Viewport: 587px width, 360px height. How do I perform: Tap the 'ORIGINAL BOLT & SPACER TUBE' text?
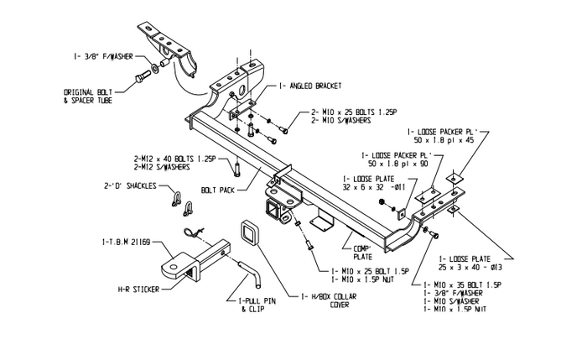88,96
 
